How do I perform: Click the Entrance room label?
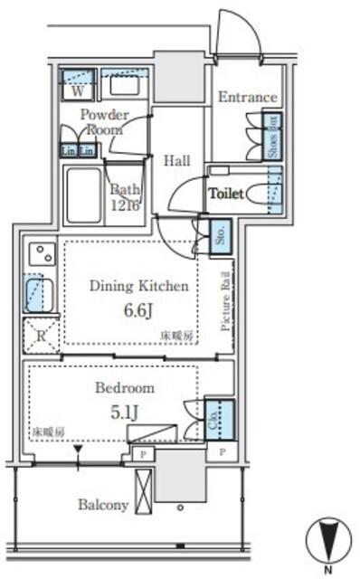[x=246, y=97]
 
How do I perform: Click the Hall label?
[x=177, y=161]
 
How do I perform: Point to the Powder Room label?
[x=104, y=121]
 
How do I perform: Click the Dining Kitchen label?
[x=138, y=286]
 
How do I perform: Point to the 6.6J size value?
[x=138, y=310]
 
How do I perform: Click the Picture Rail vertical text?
[x=226, y=302]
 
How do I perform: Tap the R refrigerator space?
[x=40, y=335]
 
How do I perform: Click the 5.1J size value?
[x=125, y=413]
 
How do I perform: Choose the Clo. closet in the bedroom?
[x=218, y=419]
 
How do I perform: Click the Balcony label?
[x=102, y=505]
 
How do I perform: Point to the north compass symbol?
[x=328, y=541]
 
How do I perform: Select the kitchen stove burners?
[x=40, y=255]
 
